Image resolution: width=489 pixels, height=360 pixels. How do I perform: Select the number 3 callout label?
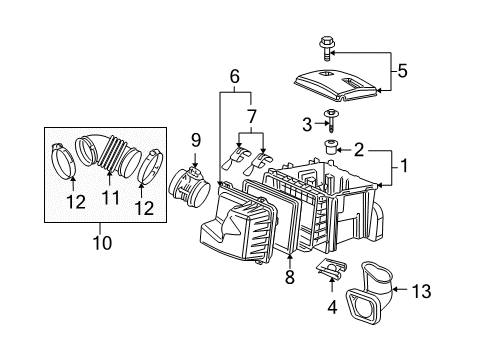[308, 123]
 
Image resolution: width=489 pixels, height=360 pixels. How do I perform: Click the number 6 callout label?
[235, 75]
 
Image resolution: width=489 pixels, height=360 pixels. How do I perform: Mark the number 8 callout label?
[289, 278]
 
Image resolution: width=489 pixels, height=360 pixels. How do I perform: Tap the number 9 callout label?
[196, 140]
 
